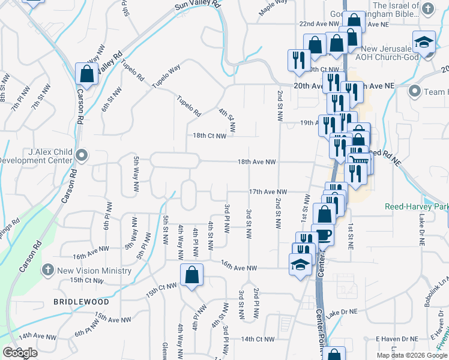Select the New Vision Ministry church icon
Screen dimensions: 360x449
pos(49,270)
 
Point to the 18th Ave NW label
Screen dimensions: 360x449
pos(256,162)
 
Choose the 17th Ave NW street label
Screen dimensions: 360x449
pos(268,192)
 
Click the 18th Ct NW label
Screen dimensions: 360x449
pos(209,136)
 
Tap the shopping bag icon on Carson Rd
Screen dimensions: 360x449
pos(86,74)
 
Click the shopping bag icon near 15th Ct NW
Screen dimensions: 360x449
pos(191,275)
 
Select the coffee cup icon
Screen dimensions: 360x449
pos(324,234)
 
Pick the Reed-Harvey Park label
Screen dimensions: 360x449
pos(416,206)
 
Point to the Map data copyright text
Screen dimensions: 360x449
pos(412,355)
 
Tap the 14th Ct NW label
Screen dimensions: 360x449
pos(258,339)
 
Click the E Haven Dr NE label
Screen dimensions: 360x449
pos(396,339)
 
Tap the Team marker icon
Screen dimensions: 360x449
pos(414,92)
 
